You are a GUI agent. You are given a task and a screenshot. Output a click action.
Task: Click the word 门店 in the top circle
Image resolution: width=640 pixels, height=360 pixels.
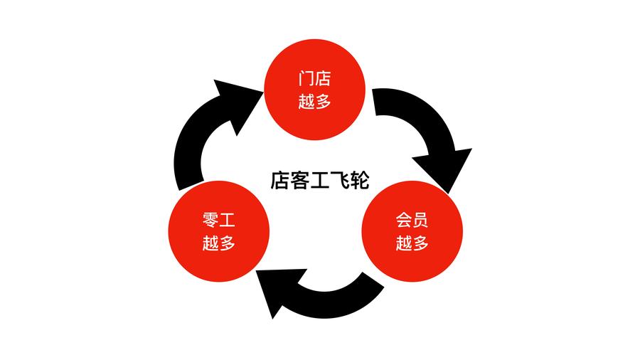(315, 77)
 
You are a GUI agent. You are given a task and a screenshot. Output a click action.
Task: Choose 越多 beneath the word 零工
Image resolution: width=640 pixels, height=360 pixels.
(219, 244)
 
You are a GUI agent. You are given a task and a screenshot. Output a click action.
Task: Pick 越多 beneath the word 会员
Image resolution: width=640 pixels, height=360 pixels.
(412, 244)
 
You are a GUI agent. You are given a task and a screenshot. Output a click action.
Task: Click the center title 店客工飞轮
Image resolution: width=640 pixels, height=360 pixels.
(319, 179)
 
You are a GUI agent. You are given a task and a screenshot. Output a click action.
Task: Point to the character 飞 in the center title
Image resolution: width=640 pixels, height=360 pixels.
(340, 179)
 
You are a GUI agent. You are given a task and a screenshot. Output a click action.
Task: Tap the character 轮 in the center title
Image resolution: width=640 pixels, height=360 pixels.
(360, 179)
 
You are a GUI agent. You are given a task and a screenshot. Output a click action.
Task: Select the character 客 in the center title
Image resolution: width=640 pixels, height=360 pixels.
(299, 179)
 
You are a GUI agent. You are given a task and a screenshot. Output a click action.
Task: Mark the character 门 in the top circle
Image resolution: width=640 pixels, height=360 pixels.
(306, 77)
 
